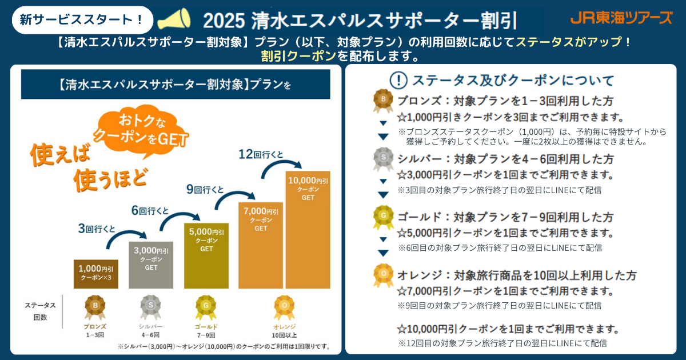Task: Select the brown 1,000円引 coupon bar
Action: click(x=97, y=274)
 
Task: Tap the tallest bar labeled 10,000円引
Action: click(x=308, y=229)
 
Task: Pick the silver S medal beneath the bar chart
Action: click(x=151, y=307)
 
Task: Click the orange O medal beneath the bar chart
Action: click(x=285, y=307)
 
